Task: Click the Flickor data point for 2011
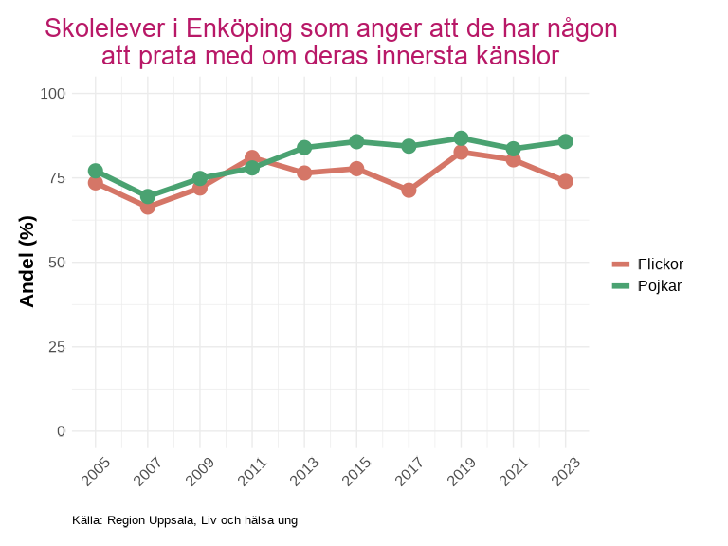252,157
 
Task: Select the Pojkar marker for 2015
356,141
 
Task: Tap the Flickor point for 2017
409,190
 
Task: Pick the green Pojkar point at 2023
565,141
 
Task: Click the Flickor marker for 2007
148,207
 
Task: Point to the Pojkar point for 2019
461,138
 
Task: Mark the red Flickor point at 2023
565,181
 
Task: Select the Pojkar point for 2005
96,171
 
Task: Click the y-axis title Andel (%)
27,262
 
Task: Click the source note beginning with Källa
185,520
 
